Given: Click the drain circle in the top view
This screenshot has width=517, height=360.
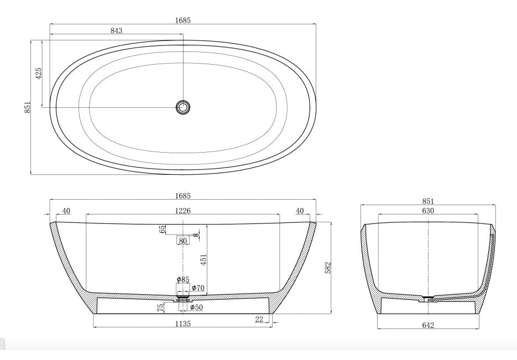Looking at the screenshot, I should pos(183,107).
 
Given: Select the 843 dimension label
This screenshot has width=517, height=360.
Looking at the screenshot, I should pos(116,30).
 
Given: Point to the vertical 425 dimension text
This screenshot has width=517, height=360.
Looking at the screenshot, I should pos(38,74).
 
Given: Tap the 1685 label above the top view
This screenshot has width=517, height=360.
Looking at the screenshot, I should pos(182,20).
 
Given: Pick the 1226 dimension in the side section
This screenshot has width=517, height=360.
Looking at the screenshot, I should pos(182,211).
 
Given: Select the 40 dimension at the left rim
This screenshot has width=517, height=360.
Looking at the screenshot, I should pos(66,211).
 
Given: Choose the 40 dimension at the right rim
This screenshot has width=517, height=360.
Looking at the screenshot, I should pos(300,211).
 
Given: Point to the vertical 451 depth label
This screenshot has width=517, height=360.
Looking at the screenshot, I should pos(203,259).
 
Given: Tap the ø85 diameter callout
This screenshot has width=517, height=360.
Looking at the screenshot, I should pos(183,280).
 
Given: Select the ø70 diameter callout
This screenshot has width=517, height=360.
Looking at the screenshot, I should pos(198,288).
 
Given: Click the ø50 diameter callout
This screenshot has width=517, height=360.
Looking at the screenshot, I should pos(196,307).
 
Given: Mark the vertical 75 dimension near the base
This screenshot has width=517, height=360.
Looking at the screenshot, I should pos(160,308).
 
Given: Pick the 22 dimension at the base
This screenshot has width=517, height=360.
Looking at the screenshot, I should pos(259,319).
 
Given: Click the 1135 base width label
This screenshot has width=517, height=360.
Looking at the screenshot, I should pos(182,324).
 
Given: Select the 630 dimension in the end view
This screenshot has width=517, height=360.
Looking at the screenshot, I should pos(428,211).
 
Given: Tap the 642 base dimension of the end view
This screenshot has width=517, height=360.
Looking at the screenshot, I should pos(427,325).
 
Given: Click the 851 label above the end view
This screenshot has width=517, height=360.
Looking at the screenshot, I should pos(428,201).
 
